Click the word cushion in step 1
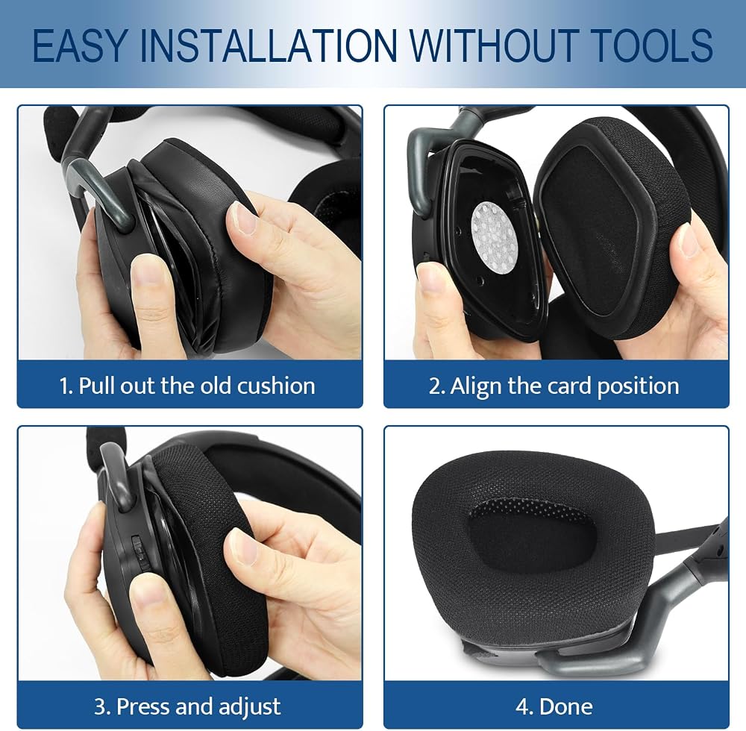[276, 385]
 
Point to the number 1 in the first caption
[64, 386]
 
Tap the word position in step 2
[638, 386]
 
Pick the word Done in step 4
[566, 706]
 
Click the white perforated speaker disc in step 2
[495, 232]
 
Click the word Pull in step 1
[95, 386]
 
